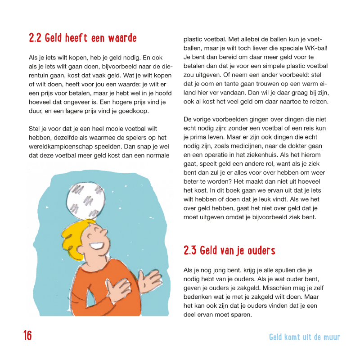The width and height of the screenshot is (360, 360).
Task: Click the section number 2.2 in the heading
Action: coord(35,38)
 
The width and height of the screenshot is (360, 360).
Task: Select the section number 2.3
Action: coord(190,251)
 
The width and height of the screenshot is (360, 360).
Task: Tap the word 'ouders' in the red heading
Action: coord(261,251)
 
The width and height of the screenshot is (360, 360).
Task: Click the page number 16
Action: coord(28,336)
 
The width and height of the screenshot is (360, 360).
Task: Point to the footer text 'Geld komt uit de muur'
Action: coord(304,337)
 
